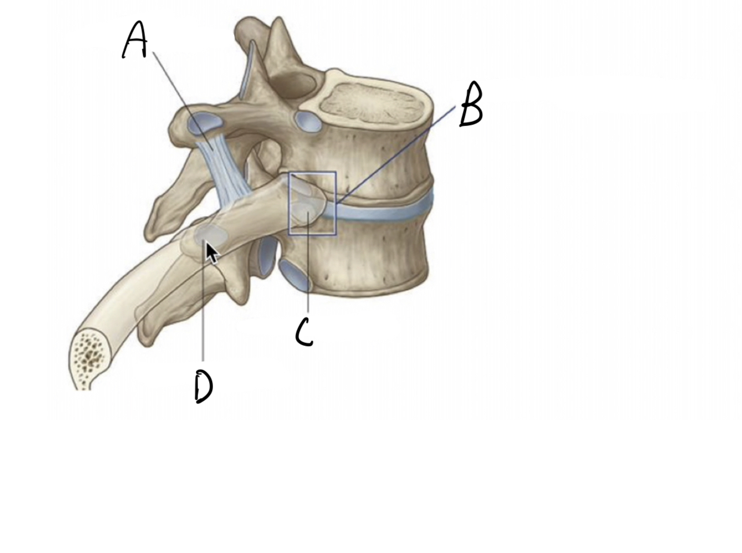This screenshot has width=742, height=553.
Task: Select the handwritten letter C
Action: pyautogui.click(x=304, y=332)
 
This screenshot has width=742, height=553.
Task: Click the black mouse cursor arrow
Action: pyautogui.click(x=211, y=253)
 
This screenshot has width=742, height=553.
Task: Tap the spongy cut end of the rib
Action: pyautogui.click(x=90, y=358)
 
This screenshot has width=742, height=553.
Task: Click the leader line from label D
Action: pyautogui.click(x=203, y=311)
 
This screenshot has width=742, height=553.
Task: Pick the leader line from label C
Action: pyautogui.click(x=308, y=269)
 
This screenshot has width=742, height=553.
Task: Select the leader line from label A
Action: pyautogui.click(x=179, y=96)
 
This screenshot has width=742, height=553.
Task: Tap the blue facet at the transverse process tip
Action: pyautogui.click(x=204, y=124)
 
